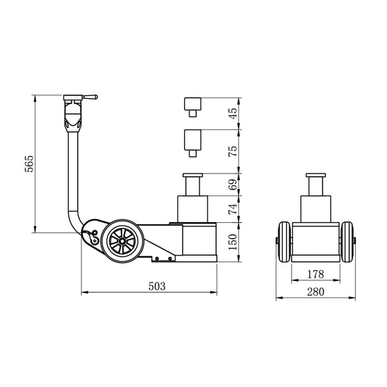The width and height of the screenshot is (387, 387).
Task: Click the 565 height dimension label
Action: [x=28, y=165]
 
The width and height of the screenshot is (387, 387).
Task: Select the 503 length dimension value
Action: [x=156, y=286]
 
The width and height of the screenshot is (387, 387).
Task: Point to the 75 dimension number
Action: [x=233, y=151]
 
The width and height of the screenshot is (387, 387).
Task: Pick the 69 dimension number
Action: [x=233, y=185]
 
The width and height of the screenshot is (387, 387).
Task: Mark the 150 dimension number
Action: [x=233, y=242]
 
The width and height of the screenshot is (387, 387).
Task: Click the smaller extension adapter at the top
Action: [x=193, y=105]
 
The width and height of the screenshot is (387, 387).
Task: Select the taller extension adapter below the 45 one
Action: [x=193, y=140]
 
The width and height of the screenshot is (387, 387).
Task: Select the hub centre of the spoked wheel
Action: [x=124, y=238]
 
